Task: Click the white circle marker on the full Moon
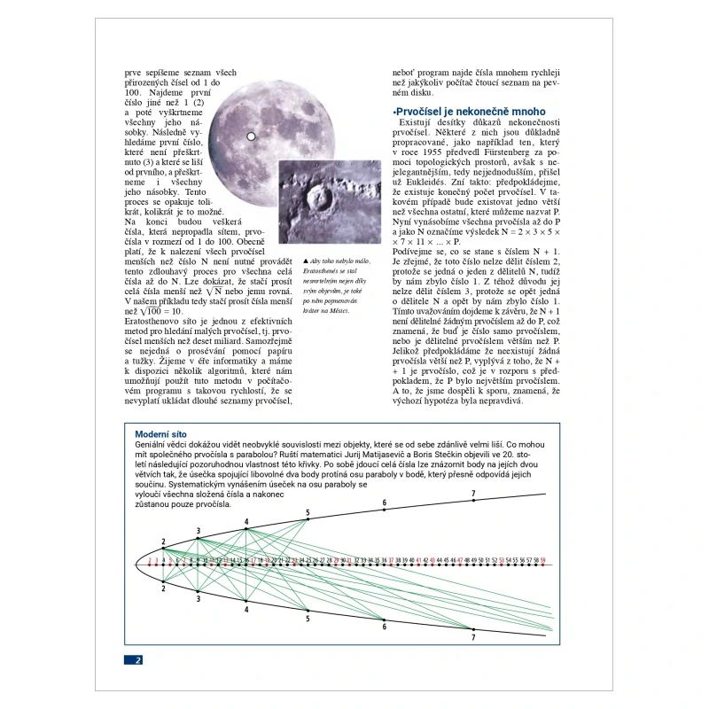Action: click(251, 136)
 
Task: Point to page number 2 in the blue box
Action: click(138, 659)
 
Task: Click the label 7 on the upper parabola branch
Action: click(473, 493)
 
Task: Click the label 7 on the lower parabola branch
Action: click(473, 636)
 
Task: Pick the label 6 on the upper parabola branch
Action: click(384, 503)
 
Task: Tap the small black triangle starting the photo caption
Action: click(306, 261)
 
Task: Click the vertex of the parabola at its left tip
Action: click(135, 564)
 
